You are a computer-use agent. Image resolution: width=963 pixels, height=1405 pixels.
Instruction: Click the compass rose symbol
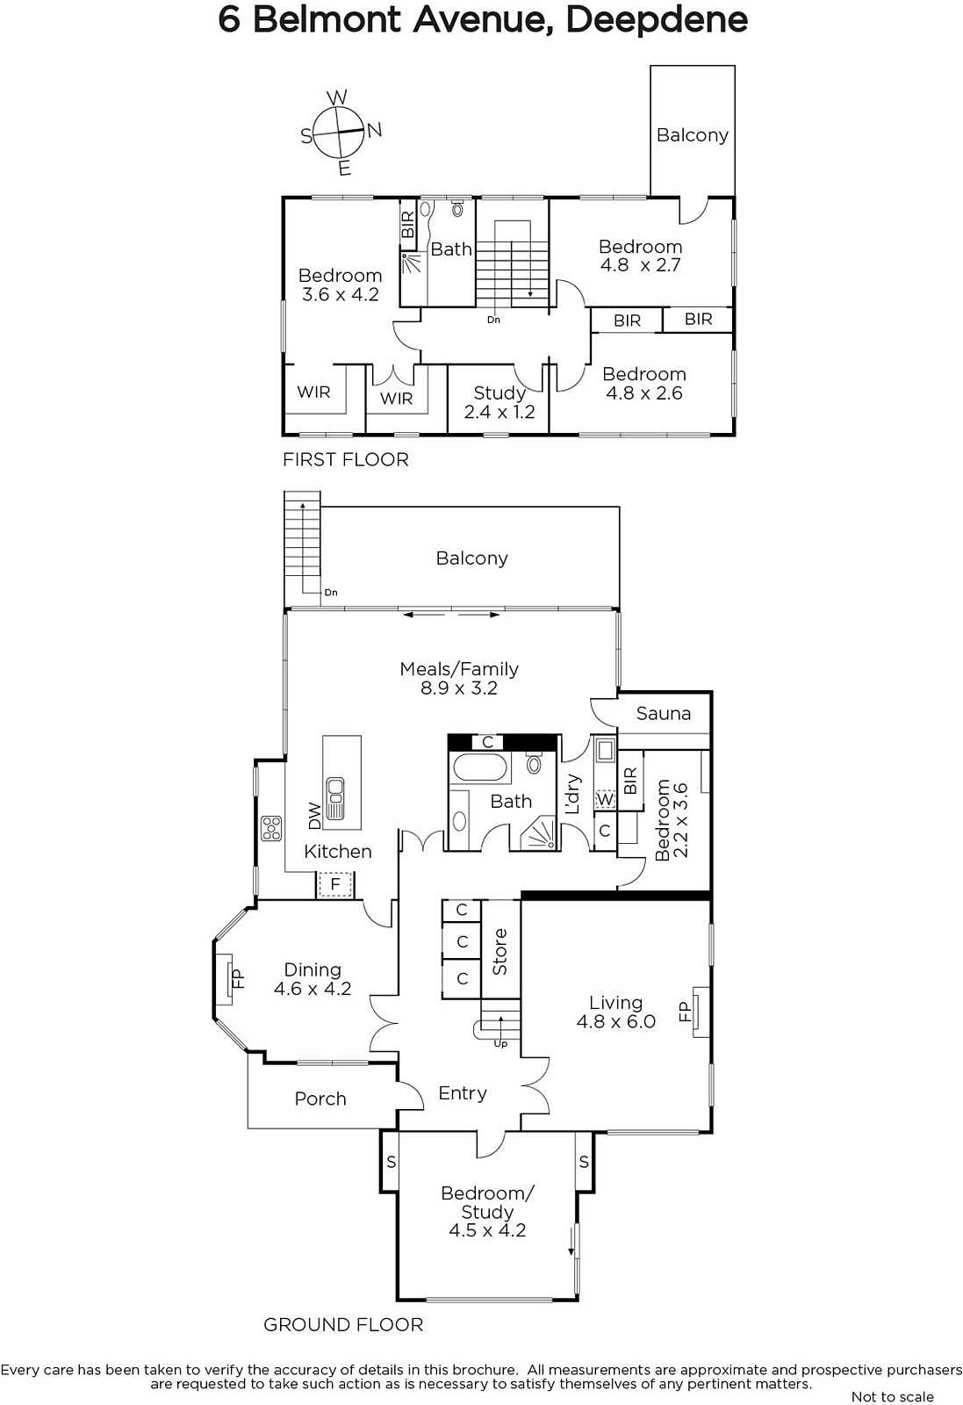pos(339,133)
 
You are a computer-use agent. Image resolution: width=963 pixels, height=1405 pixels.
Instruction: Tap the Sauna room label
pos(664,713)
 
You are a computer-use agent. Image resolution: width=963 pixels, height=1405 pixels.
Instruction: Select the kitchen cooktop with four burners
pos(271,828)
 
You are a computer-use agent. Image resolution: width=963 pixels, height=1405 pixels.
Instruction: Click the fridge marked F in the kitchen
pos(334,884)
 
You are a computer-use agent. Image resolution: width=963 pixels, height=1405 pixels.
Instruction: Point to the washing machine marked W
pos(604,799)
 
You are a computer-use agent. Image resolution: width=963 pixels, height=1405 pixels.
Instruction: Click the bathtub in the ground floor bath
pos(479,767)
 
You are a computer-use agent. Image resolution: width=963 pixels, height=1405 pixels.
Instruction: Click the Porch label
pos(320,1099)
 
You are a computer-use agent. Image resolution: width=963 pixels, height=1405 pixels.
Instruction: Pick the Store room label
pos(499,952)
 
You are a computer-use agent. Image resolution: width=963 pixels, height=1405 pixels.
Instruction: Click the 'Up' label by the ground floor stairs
pos(500,1044)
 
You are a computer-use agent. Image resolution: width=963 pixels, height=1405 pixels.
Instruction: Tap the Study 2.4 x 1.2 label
pos(499,402)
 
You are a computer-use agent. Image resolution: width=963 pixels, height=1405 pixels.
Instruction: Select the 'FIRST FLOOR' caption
pos(346,460)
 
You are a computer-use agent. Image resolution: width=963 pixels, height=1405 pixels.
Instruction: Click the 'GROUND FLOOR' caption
pos(343,1325)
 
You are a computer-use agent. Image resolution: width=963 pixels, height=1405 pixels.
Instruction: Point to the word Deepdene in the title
pos(657,21)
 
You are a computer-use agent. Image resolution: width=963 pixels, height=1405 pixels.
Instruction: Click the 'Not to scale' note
pos(892,1397)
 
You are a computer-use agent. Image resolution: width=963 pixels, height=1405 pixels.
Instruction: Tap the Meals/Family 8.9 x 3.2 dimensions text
pos(459,688)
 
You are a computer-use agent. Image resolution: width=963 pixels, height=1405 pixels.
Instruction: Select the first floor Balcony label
pos(692,135)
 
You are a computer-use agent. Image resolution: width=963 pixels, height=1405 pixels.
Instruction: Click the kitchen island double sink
pos(334,798)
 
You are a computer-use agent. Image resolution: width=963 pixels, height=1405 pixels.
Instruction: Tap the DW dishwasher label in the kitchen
pos(315,816)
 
